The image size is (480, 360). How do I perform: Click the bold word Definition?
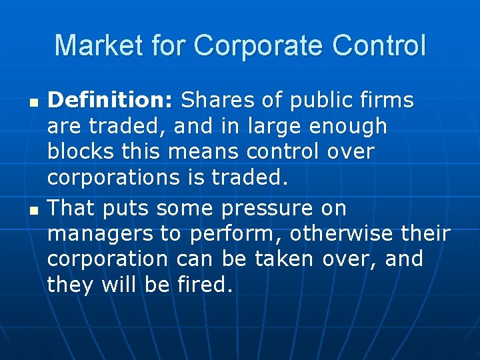pos(111,101)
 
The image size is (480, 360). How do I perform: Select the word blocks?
pos(80,151)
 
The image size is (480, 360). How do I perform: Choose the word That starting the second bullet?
pos(71,209)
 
